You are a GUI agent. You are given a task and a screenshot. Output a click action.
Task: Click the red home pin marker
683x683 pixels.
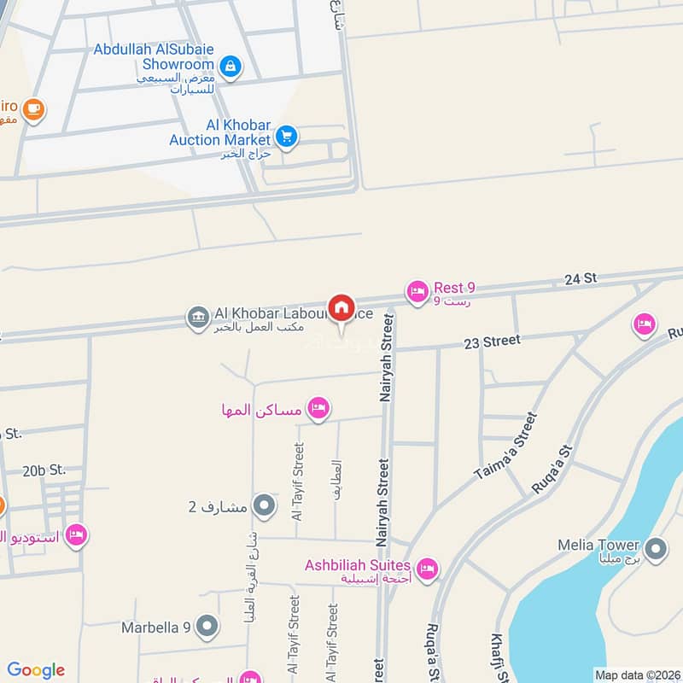[x=341, y=308]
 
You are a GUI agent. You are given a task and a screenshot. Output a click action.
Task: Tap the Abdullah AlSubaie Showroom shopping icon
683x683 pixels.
[x=229, y=65]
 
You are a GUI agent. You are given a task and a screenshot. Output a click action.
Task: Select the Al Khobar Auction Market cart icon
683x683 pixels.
[x=287, y=136]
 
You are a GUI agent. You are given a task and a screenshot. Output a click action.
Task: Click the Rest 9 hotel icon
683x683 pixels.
[x=417, y=292]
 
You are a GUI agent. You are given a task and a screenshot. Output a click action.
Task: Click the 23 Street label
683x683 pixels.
[x=492, y=341]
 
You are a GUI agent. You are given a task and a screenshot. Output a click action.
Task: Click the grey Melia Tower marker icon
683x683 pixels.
[x=656, y=549]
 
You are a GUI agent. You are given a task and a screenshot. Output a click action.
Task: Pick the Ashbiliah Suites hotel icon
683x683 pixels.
[x=427, y=568]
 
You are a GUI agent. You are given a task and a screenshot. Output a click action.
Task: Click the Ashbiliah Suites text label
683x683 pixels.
[x=358, y=565]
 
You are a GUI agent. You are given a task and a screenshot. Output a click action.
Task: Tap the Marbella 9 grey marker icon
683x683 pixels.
[x=207, y=628]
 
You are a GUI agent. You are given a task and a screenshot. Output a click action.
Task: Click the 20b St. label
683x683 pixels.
[x=44, y=470]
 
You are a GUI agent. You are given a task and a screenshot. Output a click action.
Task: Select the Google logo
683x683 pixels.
[x=36, y=670]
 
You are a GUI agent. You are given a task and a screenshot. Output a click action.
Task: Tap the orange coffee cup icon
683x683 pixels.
[x=33, y=109]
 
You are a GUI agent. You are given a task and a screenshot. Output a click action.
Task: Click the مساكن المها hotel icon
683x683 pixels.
[x=318, y=409]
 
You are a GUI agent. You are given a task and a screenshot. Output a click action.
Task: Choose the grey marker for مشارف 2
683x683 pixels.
[x=265, y=506]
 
